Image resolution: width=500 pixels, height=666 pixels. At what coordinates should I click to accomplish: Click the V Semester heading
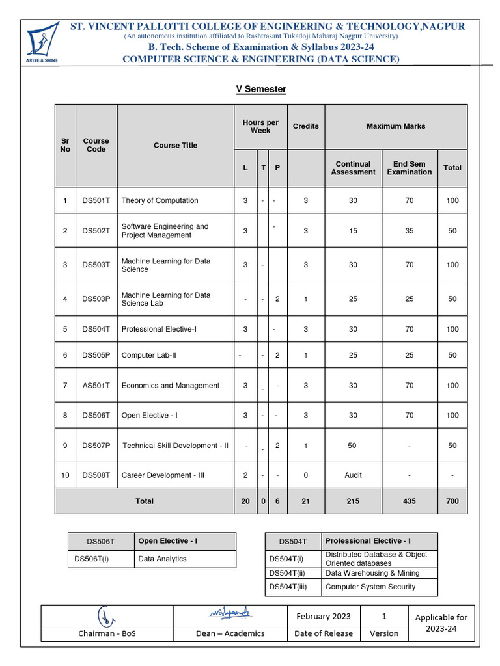[x=260, y=89]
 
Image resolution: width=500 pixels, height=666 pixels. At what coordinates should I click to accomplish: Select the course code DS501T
[x=96, y=200]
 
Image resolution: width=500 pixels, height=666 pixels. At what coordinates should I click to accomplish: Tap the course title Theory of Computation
[x=160, y=200]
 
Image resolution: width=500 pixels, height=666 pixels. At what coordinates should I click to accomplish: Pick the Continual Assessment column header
[x=353, y=168]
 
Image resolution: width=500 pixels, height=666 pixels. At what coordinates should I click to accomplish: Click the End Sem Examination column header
[x=409, y=168]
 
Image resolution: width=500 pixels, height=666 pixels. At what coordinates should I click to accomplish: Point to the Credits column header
[x=305, y=126]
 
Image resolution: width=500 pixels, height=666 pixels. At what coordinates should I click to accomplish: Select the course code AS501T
[x=96, y=386]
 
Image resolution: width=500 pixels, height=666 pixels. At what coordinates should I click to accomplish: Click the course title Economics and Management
[x=170, y=386]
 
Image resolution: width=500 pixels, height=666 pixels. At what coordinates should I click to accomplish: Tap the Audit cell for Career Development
[x=353, y=475]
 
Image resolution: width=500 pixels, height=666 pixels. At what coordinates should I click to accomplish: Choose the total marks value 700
[x=452, y=501]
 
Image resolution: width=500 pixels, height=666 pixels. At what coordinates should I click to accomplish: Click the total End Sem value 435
[x=409, y=501]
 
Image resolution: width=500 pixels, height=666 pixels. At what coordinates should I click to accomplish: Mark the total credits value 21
[x=305, y=501]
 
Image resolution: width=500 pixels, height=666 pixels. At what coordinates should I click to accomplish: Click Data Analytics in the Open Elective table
[x=162, y=559]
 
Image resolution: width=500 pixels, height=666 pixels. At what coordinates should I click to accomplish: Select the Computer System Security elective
[x=370, y=587]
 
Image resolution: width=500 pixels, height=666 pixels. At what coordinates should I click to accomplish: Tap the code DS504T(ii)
[x=287, y=573]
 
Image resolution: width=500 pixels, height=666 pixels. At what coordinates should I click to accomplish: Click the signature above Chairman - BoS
[x=106, y=615]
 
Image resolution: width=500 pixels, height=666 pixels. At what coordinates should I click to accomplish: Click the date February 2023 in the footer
[x=323, y=617]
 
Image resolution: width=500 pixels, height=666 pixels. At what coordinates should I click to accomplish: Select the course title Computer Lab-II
[x=152, y=355]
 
